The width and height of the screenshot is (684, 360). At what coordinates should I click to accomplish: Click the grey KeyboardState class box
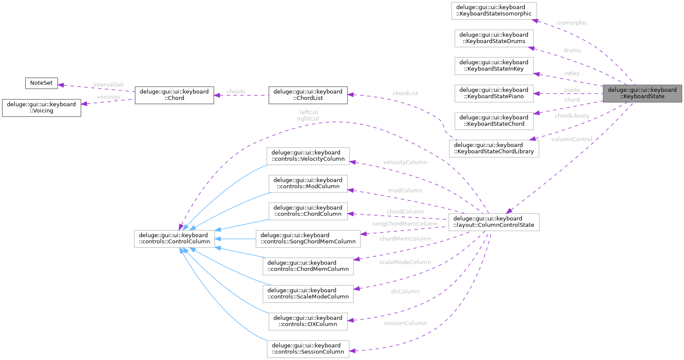[x=642, y=93]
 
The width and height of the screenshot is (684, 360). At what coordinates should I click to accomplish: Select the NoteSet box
[x=41, y=83]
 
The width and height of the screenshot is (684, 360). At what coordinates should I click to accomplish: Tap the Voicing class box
[x=41, y=108]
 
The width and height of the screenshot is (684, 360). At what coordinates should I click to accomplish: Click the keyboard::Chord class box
[x=174, y=95]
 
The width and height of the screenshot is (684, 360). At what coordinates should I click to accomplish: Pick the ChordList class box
[x=308, y=95]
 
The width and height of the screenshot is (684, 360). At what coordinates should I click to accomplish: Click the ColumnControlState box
[x=494, y=222]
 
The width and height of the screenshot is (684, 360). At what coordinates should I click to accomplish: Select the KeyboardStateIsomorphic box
[x=494, y=10]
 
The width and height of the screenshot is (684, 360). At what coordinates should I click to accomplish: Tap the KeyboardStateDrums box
[x=494, y=38]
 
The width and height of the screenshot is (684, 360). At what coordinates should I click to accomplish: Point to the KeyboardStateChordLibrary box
[x=494, y=148]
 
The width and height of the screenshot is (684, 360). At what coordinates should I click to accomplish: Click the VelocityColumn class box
[x=308, y=156]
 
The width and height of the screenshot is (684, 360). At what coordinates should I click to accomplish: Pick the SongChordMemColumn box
[x=308, y=239]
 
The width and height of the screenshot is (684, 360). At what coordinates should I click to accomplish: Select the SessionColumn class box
[x=308, y=349]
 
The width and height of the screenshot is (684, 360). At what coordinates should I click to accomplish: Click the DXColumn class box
[x=308, y=321]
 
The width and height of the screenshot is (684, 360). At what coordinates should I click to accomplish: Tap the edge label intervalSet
[x=108, y=85]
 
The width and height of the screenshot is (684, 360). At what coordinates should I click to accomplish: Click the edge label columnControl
[x=572, y=139]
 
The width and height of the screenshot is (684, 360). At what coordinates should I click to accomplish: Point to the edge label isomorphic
[x=572, y=23]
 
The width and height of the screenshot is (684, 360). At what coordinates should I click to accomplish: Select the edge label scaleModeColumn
[x=405, y=262]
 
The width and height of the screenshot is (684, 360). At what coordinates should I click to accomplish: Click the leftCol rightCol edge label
[x=308, y=115]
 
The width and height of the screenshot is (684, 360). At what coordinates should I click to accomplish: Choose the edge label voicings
[x=108, y=97]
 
